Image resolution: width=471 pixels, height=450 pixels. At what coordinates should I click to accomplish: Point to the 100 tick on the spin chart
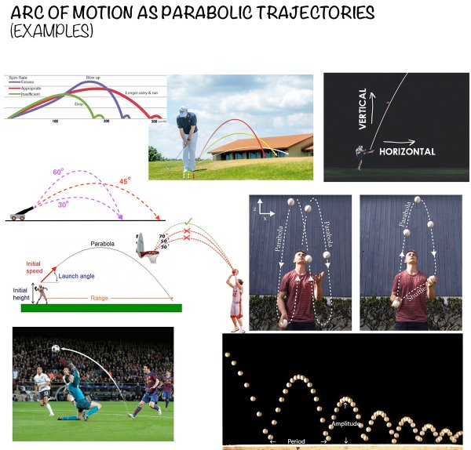click(56, 122)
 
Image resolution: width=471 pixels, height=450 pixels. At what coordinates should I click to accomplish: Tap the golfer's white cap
click(183, 111)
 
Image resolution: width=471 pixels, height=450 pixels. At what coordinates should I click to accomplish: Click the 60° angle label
click(58, 172)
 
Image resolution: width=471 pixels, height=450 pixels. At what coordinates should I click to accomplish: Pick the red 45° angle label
click(123, 181)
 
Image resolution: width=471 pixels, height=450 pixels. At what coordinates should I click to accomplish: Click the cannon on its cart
click(17, 215)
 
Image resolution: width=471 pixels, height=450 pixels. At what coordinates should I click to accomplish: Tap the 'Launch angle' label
click(75, 277)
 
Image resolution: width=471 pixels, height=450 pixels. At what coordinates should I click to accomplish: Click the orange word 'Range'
click(100, 299)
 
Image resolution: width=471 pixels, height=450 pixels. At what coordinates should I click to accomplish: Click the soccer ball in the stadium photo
click(55, 349)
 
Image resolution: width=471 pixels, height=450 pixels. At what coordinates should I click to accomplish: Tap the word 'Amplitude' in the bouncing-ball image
click(345, 423)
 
